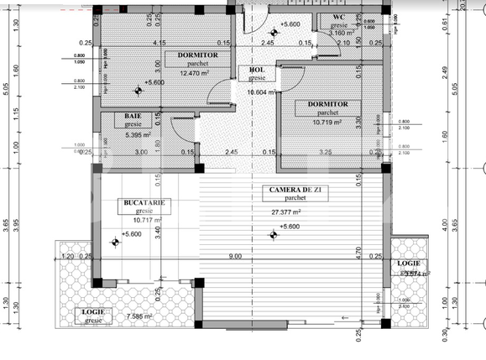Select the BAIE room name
point(133,115)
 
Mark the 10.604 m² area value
point(261,93)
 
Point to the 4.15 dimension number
point(159,43)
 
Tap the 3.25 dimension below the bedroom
point(326,153)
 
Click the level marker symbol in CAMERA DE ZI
point(273,235)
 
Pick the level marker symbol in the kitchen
point(116,243)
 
